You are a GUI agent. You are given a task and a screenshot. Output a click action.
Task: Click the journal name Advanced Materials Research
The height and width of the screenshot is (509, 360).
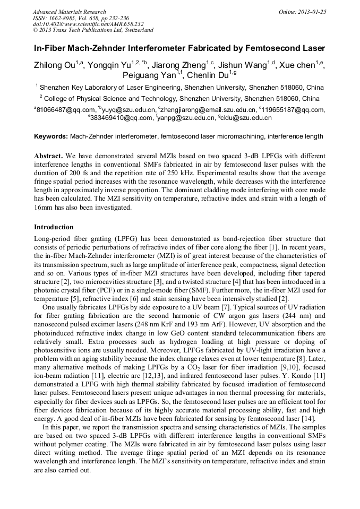coord(69,12)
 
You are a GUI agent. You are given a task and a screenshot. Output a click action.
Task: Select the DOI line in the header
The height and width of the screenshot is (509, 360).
coord(88,24)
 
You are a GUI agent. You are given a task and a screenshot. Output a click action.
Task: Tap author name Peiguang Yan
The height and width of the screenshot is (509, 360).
coord(149,75)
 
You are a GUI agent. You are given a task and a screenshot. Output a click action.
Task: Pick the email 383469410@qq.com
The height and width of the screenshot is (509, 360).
coord(122,118)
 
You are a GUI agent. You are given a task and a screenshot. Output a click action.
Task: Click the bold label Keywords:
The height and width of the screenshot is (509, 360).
coord(51,137)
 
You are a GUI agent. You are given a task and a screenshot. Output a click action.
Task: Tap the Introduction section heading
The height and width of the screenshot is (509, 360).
coord(54,227)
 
